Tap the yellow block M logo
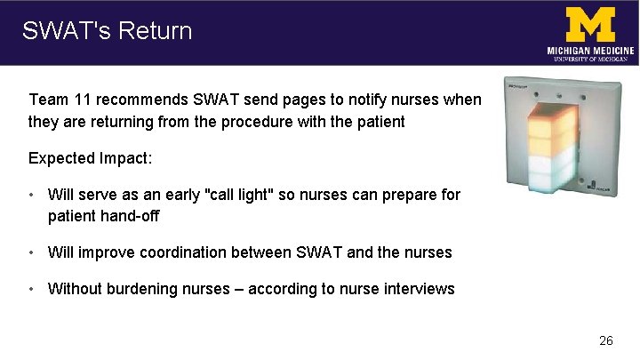[590, 24]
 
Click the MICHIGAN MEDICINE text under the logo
[590, 51]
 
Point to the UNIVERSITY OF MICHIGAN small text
[590, 60]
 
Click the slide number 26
[606, 340]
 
